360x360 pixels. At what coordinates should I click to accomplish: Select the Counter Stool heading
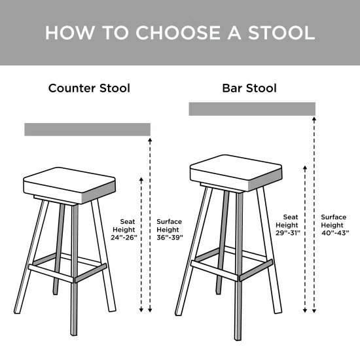[89, 88]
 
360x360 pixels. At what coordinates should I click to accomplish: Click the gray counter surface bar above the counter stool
[87, 129]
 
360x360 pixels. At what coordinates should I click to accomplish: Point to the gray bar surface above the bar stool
[252, 109]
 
